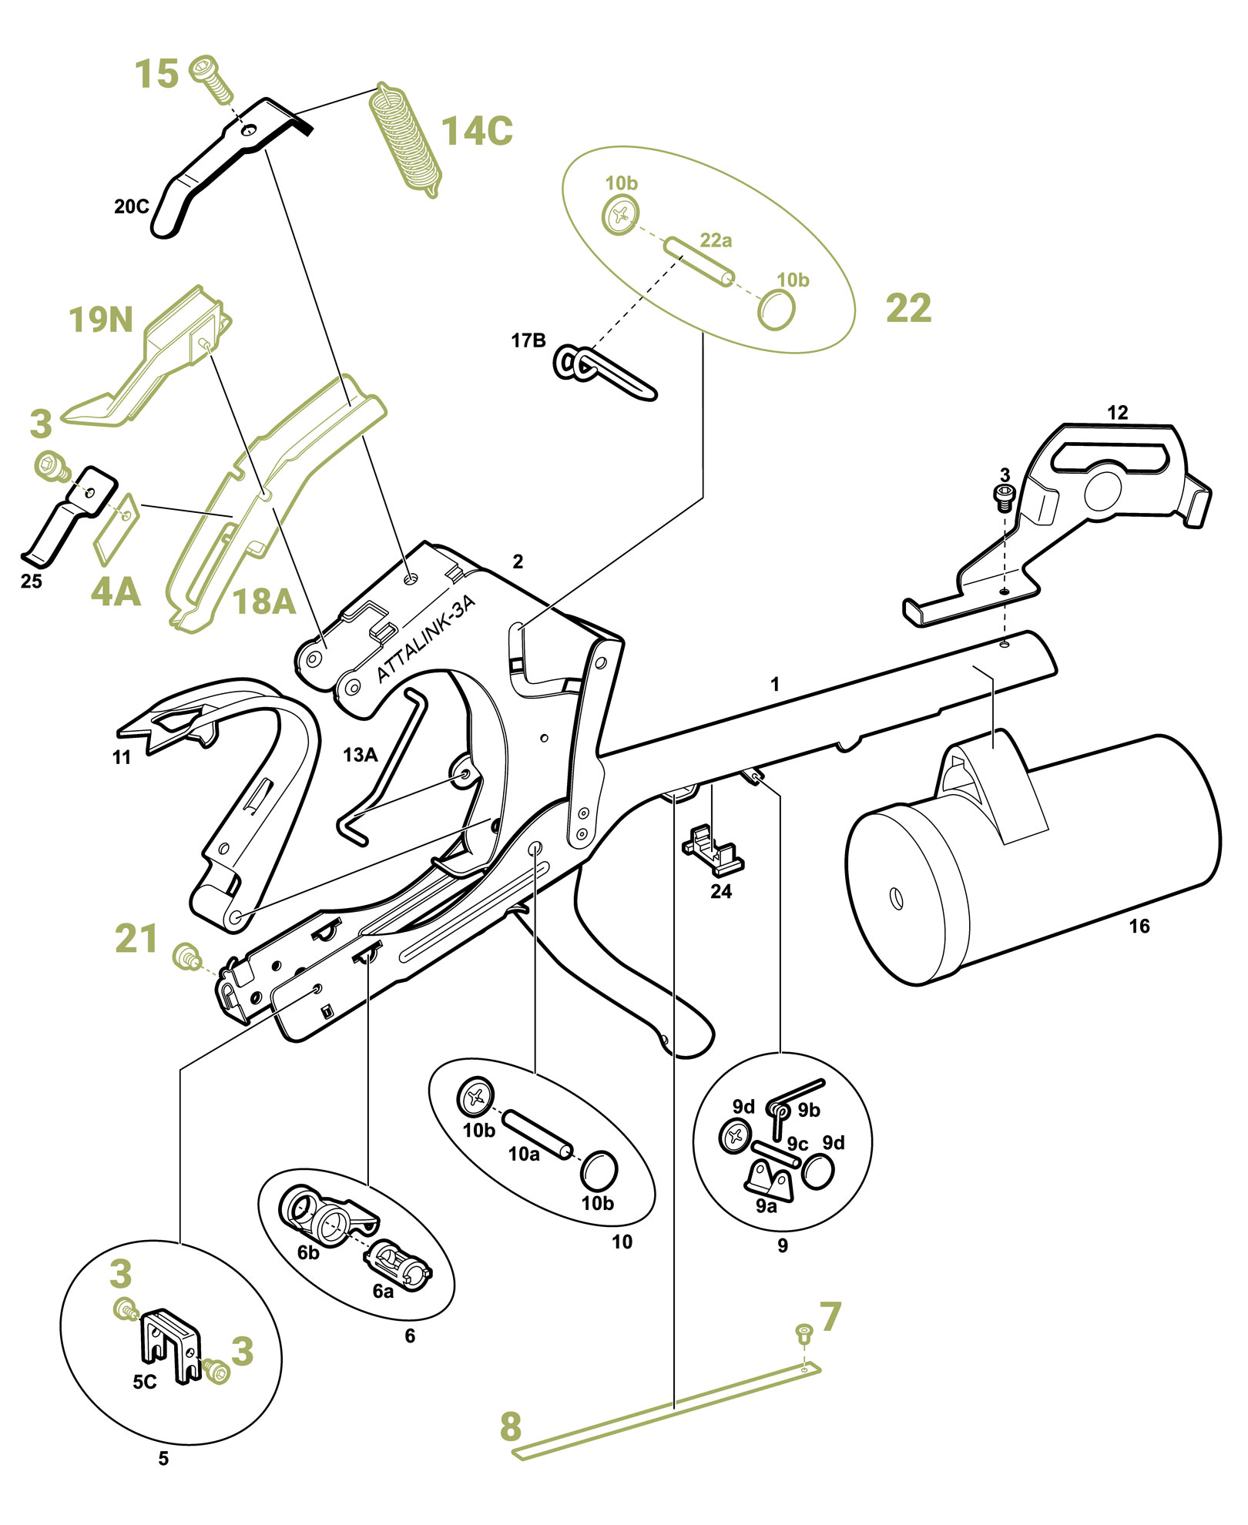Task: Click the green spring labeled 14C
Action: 405,140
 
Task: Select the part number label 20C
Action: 132,206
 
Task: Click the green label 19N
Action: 101,320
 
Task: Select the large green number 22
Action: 908,308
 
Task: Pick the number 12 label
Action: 1117,413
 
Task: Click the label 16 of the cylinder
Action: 1139,926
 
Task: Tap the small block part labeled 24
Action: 713,851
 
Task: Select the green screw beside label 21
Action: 186,956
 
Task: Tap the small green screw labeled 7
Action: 803,1330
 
